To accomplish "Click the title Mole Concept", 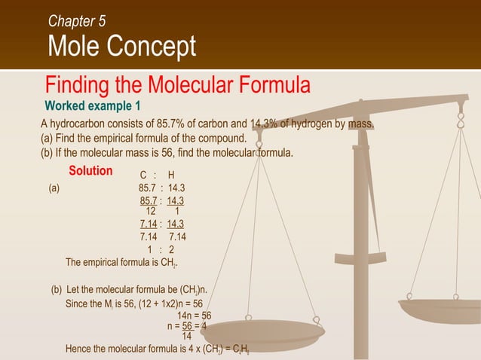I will click(121, 47).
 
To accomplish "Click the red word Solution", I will click(90, 171).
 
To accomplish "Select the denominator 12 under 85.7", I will click(150, 211).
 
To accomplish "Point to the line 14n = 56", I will click(194, 316).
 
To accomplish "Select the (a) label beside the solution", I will click(54, 189).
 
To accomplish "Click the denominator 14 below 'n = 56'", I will click(187, 336).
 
